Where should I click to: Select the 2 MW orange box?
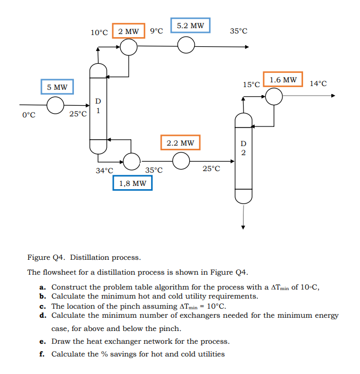pyautogui.click(x=129, y=31)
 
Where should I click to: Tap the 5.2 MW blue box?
pyautogui.click(x=190, y=25)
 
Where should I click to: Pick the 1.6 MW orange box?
pyautogui.click(x=282, y=80)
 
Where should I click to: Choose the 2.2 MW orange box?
pyautogui.click(x=180, y=143)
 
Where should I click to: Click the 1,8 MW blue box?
pyautogui.click(x=132, y=183)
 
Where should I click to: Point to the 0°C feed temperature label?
pyautogui.click(x=29, y=115)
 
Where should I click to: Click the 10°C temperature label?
pyautogui.click(x=99, y=32)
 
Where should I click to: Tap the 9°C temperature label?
pyautogui.click(x=156, y=31)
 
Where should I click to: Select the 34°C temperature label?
pyautogui.click(x=104, y=171)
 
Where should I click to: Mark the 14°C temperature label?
pyautogui.click(x=318, y=83)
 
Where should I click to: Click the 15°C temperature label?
pyautogui.click(x=251, y=84)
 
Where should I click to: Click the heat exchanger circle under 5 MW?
pyautogui.click(x=55, y=105)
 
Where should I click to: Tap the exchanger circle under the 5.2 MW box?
pyautogui.click(x=186, y=47)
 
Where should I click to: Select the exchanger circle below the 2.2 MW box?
pyautogui.click(x=181, y=160)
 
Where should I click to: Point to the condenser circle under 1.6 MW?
pyautogui.click(x=274, y=96)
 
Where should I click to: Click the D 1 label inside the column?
pyautogui.click(x=98, y=106)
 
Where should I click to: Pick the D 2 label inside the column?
pyautogui.click(x=243, y=148)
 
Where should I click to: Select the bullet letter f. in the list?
pyautogui.click(x=41, y=354)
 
